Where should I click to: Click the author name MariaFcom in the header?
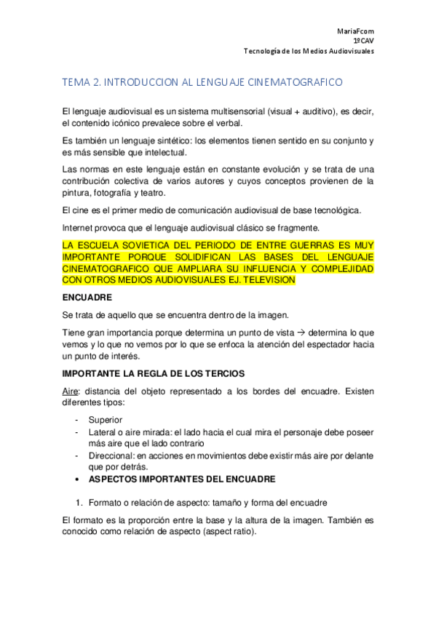tap(355, 31)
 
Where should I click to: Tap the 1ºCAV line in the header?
tap(365, 41)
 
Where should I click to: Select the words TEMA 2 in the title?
tap(82, 84)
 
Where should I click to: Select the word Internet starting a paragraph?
tap(80, 226)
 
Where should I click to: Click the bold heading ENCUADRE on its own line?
tap(87, 297)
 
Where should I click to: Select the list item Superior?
tap(105, 420)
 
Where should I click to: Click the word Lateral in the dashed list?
tap(103, 431)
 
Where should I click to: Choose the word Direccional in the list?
tap(112, 455)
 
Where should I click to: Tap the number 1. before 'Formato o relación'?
tap(80, 502)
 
